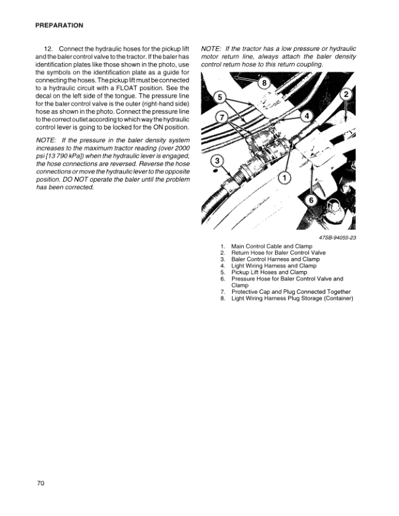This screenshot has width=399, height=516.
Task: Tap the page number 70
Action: (x=40, y=483)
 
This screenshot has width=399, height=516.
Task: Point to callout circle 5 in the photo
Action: (x=220, y=98)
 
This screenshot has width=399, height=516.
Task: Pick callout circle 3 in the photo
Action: (x=216, y=161)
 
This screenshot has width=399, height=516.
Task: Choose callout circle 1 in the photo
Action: (x=284, y=178)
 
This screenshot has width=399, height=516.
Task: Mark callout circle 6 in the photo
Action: (x=310, y=200)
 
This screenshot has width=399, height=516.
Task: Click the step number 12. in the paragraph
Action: (x=48, y=50)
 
